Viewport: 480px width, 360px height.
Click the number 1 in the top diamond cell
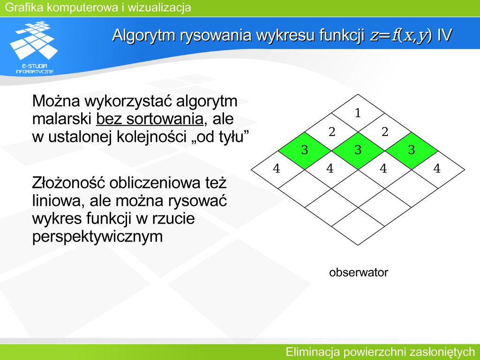point(358,113)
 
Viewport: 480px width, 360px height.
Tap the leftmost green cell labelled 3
point(305,150)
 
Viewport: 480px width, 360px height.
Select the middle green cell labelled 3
point(358,150)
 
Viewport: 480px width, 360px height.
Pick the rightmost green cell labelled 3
point(412,150)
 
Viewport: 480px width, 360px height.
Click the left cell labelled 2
point(331,132)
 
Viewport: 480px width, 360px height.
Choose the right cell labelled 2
point(385,132)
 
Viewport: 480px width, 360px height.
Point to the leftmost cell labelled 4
point(277,169)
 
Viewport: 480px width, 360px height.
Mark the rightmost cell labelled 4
point(438,169)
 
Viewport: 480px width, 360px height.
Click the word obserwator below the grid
point(359,272)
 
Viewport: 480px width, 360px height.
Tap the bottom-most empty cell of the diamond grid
point(358,226)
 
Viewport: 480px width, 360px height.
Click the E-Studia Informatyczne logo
point(34,47)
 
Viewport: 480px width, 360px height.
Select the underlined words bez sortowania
point(150,119)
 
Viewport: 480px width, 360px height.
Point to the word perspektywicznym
point(97,237)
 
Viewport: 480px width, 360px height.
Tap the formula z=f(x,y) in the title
point(401,35)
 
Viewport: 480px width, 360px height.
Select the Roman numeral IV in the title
point(444,35)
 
